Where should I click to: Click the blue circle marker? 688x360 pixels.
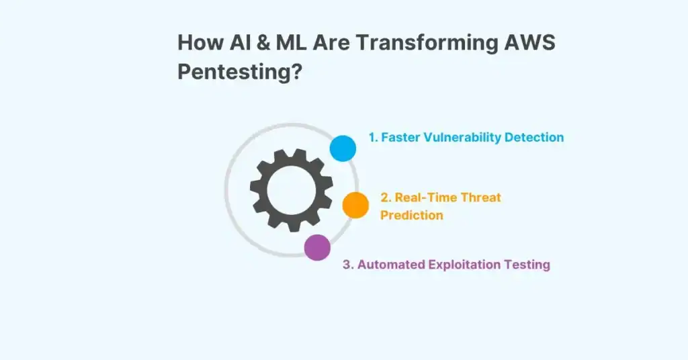(x=343, y=148)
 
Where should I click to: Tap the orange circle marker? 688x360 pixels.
(x=355, y=205)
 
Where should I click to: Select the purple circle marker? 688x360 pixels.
(x=317, y=247)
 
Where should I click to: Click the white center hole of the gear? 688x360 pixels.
(x=291, y=189)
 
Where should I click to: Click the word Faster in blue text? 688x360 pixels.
(x=401, y=137)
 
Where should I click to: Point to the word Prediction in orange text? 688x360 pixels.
(x=412, y=216)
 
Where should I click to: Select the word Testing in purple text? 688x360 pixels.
(x=529, y=265)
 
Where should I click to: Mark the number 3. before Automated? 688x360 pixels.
(x=348, y=265)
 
